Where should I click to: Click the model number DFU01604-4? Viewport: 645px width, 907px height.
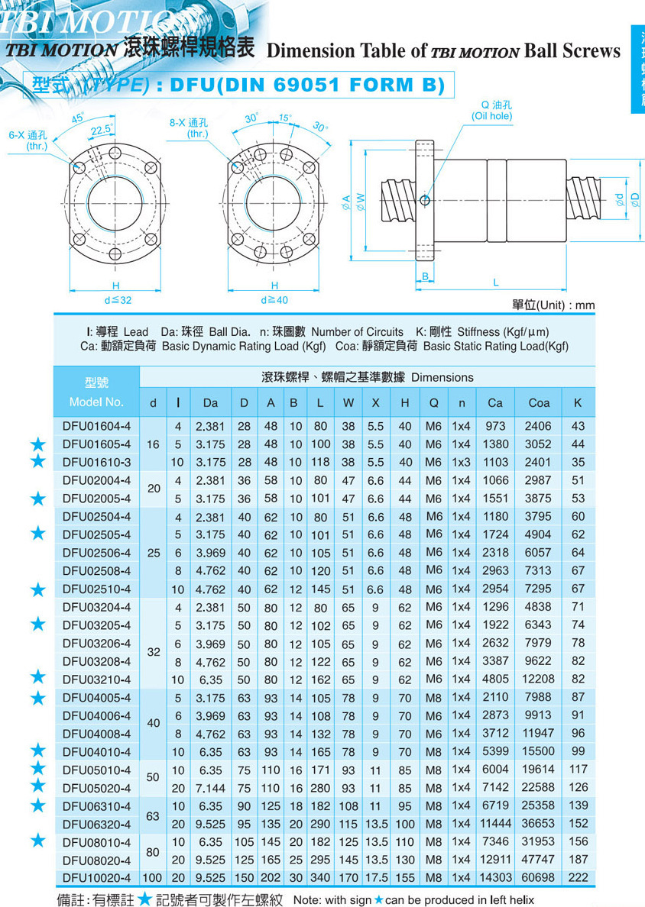(x=97, y=426)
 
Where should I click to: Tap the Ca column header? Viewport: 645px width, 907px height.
(x=495, y=402)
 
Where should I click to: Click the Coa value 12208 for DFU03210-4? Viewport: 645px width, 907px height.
(x=539, y=679)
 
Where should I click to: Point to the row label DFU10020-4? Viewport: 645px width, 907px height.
(x=97, y=878)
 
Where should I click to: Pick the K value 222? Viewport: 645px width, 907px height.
(x=578, y=878)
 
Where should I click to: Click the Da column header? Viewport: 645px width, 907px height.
(x=210, y=402)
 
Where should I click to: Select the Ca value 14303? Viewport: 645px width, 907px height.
(x=495, y=878)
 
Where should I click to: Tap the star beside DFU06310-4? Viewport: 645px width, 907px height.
(x=37, y=805)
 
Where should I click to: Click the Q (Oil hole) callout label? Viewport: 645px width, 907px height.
(x=491, y=111)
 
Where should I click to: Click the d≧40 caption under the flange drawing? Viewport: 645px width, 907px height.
(x=274, y=300)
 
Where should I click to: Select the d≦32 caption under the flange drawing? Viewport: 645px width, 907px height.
(x=118, y=300)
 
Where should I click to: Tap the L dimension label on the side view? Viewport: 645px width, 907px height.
(x=495, y=282)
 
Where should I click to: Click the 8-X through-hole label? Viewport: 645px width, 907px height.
(x=188, y=127)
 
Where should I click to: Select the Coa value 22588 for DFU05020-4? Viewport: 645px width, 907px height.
(x=539, y=787)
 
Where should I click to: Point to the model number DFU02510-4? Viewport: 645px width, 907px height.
(x=97, y=589)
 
